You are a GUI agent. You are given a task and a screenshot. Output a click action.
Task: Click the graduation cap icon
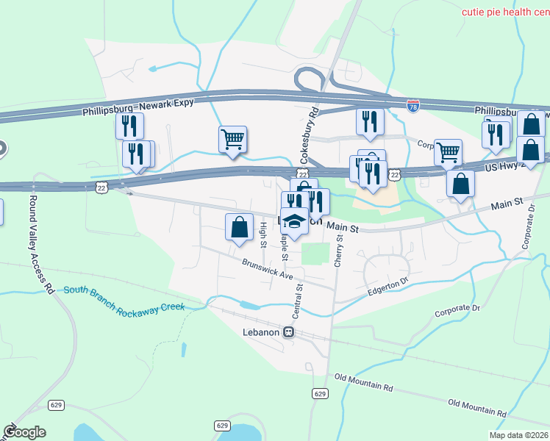(x=294, y=222)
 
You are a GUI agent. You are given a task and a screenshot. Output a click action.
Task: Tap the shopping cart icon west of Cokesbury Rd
(x=232, y=138)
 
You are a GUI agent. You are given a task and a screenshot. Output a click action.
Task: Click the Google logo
(x=24, y=432)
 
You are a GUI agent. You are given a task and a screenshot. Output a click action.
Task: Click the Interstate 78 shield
(x=413, y=106)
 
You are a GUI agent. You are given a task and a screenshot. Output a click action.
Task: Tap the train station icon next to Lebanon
(x=289, y=331)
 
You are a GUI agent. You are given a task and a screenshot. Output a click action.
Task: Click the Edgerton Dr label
(x=387, y=287)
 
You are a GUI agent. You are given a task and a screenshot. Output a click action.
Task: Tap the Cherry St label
(x=339, y=250)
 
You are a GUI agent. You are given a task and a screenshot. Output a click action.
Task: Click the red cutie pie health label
(x=505, y=12)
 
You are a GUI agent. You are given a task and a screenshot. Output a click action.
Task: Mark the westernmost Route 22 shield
(x=101, y=188)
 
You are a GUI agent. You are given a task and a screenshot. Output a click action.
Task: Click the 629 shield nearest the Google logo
(x=57, y=405)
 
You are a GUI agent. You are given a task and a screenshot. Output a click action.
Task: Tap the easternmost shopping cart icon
(x=448, y=152)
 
